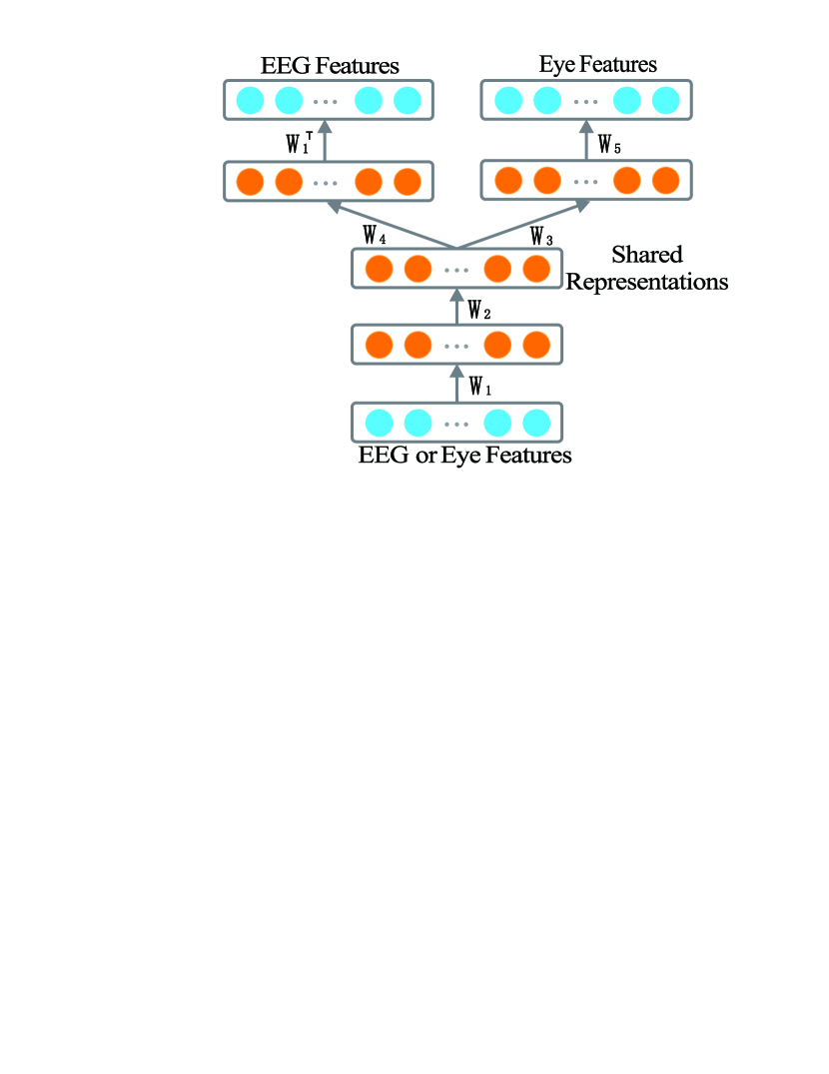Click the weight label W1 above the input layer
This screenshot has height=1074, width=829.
[x=479, y=386]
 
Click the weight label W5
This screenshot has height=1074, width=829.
[x=609, y=145]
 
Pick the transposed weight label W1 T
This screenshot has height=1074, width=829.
[x=299, y=143]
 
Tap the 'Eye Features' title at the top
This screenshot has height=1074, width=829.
[x=597, y=65]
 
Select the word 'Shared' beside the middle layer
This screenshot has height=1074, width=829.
[x=646, y=256]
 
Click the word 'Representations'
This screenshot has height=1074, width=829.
[x=647, y=282]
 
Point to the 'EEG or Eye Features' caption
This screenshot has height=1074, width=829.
[x=464, y=457]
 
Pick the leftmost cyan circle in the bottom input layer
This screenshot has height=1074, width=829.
[x=379, y=422]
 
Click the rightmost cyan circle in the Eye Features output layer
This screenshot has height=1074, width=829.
[x=665, y=100]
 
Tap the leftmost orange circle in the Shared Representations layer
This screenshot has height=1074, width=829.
[x=379, y=269]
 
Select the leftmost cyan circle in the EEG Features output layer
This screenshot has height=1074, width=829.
[x=249, y=100]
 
